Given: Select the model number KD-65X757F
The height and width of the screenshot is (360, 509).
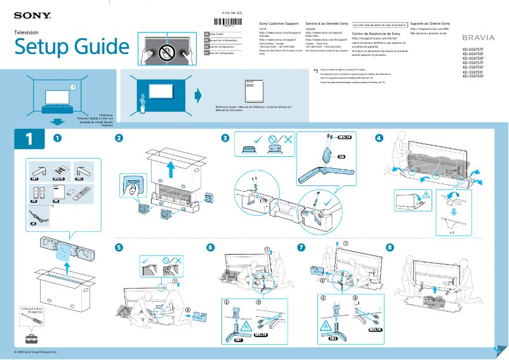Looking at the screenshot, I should pyautogui.click(x=473, y=49).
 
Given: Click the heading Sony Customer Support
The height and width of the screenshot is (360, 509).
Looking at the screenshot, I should pyautogui.click(x=279, y=22).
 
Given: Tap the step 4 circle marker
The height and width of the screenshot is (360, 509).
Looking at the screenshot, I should pyautogui.click(x=379, y=138).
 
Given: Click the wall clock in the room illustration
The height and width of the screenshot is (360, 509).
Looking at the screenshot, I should pyautogui.click(x=73, y=87).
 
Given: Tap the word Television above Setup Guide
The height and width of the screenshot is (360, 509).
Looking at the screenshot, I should pyautogui.click(x=26, y=32).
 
